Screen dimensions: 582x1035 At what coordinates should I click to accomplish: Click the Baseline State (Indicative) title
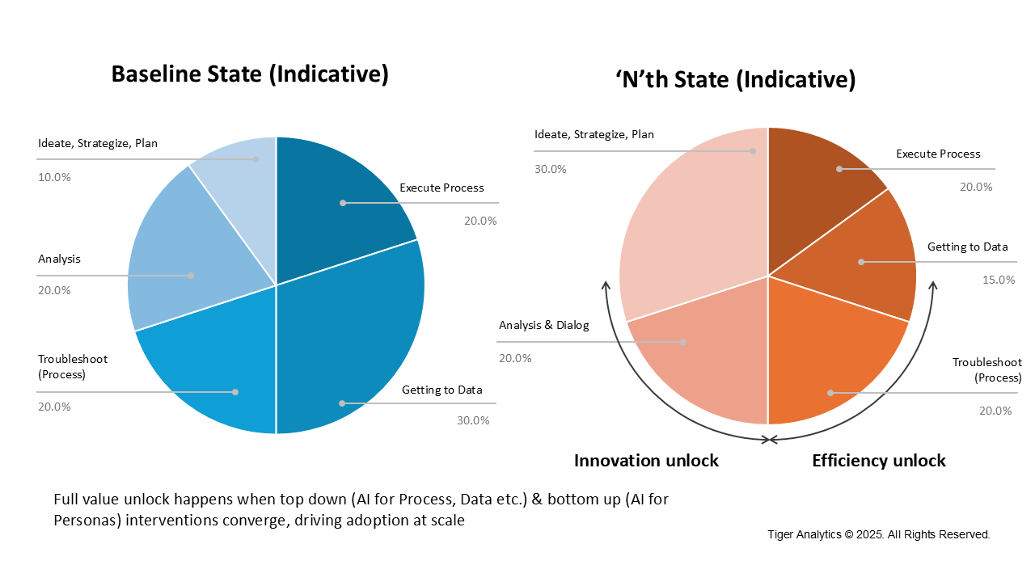click(250, 74)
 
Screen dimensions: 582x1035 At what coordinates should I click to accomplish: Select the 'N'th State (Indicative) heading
click(735, 80)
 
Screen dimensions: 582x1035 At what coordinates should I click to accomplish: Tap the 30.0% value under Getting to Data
click(473, 420)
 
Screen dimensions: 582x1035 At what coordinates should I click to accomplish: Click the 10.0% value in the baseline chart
click(54, 176)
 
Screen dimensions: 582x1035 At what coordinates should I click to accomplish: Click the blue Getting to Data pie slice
click(364, 348)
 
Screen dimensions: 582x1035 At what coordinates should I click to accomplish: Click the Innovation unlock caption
click(646, 461)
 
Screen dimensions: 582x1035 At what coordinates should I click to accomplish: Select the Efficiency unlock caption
click(878, 461)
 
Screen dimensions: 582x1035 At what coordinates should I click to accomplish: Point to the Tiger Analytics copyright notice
click(879, 534)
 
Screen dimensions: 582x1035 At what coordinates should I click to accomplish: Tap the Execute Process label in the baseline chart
click(441, 188)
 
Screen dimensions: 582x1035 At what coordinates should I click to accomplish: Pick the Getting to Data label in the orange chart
click(967, 247)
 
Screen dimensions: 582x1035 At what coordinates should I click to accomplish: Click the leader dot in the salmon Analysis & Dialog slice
click(683, 342)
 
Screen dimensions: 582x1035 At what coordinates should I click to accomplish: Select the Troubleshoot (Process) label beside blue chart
click(73, 366)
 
